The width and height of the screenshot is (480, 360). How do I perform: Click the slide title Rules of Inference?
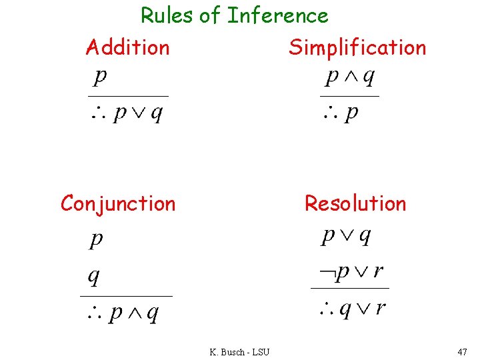[x=234, y=15]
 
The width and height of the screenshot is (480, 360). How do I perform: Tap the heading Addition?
[x=127, y=47]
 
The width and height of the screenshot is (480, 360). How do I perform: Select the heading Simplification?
[x=357, y=47]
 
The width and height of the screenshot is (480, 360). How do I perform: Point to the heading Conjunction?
[x=118, y=203]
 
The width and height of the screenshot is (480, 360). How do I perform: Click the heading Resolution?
[x=355, y=203]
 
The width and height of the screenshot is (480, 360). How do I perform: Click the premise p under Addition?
[x=99, y=77]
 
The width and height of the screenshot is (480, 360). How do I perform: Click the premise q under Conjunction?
[x=94, y=275]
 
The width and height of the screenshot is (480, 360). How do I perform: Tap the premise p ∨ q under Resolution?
[x=346, y=236]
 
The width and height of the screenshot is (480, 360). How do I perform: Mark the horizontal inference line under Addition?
[x=129, y=96]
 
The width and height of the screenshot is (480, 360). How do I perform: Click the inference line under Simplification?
[x=349, y=96]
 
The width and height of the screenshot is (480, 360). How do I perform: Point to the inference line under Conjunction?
[x=126, y=295]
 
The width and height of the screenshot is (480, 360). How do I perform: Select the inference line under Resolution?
[x=350, y=289]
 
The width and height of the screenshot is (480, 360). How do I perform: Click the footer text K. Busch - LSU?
[x=239, y=352]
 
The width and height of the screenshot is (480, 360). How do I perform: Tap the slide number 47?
[x=462, y=351]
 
